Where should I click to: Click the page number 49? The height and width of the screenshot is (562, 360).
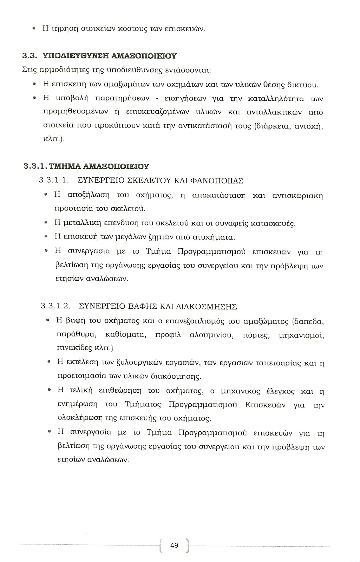[174, 545]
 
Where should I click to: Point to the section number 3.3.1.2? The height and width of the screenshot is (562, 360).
[55, 306]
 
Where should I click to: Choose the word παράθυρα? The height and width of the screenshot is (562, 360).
[71, 335]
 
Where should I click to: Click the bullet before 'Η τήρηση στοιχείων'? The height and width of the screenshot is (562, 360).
[34, 28]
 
